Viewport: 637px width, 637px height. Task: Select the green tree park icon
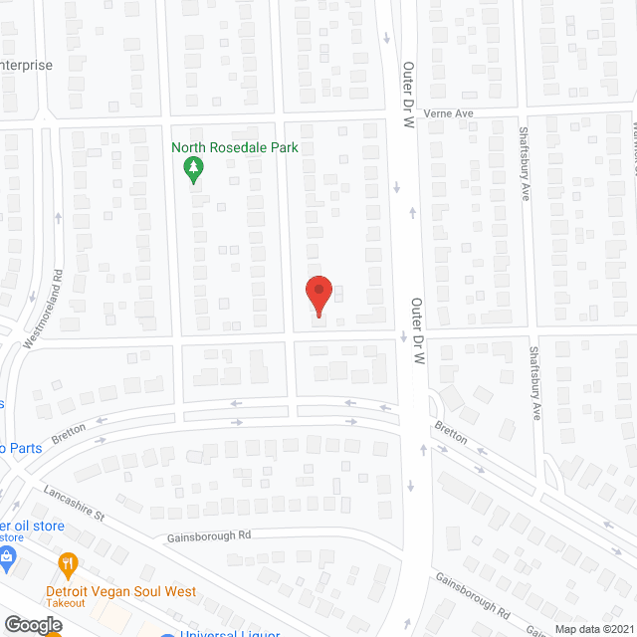point(193,171)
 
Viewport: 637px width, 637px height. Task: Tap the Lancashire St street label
point(74,505)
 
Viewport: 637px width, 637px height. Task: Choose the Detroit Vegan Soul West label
point(120,590)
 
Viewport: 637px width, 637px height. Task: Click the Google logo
point(32,624)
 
